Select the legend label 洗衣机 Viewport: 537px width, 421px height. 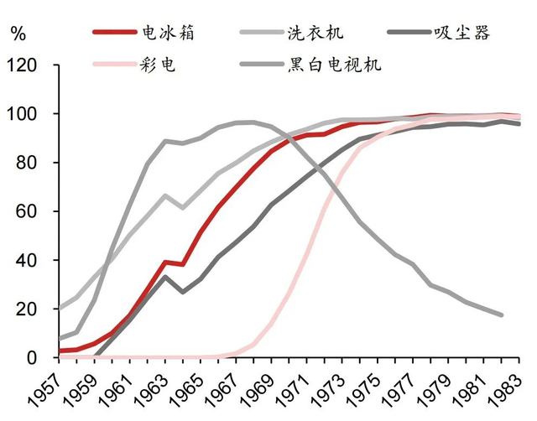(x=314, y=34)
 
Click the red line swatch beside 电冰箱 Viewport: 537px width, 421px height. (x=114, y=34)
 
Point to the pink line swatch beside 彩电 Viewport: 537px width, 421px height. (x=114, y=64)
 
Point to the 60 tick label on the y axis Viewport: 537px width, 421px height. (x=23, y=211)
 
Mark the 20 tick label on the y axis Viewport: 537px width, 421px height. (x=23, y=309)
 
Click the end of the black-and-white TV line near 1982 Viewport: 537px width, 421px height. (x=502, y=315)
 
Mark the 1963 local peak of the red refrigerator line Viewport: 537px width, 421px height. (x=165, y=262)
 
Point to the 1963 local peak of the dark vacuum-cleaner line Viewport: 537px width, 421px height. (x=165, y=277)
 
